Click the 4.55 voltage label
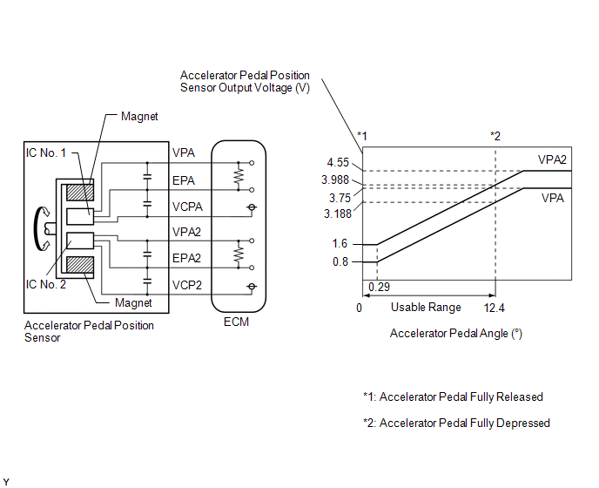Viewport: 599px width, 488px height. (x=338, y=163)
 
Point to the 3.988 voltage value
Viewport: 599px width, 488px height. (x=335, y=180)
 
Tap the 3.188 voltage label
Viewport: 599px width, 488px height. (x=337, y=213)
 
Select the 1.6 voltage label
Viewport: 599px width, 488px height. (x=340, y=243)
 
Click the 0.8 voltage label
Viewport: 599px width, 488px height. (x=340, y=261)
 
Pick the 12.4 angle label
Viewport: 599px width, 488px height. (x=494, y=308)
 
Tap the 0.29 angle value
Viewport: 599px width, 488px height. (x=379, y=287)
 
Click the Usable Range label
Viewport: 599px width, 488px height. (x=426, y=307)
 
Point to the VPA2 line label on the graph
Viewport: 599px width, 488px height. (x=552, y=159)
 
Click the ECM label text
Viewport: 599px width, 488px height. (x=236, y=322)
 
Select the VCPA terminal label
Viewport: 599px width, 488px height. (x=187, y=207)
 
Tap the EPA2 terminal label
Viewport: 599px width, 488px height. (x=186, y=258)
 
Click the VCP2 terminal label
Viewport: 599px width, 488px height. (x=187, y=285)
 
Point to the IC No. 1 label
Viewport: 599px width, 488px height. (x=46, y=153)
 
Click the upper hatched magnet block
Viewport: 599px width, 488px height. (x=80, y=193)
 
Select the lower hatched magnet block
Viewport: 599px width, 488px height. (x=80, y=265)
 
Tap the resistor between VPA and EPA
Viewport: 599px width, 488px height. (x=239, y=176)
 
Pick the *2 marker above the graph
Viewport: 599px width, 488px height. (x=495, y=136)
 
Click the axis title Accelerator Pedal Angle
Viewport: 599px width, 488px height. (x=455, y=334)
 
